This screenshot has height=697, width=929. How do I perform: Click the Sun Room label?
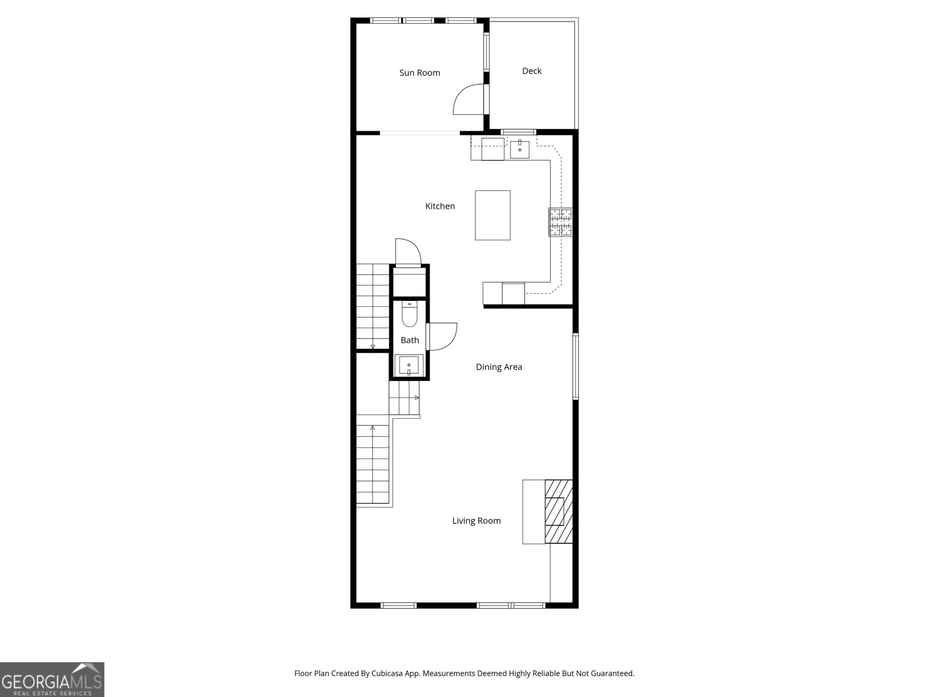click(x=419, y=73)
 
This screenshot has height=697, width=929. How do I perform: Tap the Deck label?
click(x=531, y=71)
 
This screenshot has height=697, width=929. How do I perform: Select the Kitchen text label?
click(x=440, y=206)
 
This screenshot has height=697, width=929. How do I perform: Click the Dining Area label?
click(x=499, y=367)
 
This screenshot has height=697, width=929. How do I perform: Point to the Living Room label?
click(x=476, y=521)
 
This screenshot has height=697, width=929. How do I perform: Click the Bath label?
click(x=409, y=340)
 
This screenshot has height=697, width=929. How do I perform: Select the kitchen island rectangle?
click(x=492, y=215)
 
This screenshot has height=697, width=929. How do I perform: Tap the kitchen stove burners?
click(x=560, y=222)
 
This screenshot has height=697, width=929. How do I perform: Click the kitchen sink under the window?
click(x=520, y=149)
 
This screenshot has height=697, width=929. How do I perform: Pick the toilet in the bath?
click(x=409, y=315)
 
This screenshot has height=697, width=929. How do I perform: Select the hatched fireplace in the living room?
click(x=559, y=511)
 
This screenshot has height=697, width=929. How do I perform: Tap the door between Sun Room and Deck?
click(x=468, y=100)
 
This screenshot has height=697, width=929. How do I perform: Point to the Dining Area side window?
click(x=575, y=366)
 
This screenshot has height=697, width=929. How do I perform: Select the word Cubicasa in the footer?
click(x=395, y=674)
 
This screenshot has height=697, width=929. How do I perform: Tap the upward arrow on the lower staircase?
click(x=372, y=429)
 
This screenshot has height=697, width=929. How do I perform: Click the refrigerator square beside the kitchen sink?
click(x=492, y=149)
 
